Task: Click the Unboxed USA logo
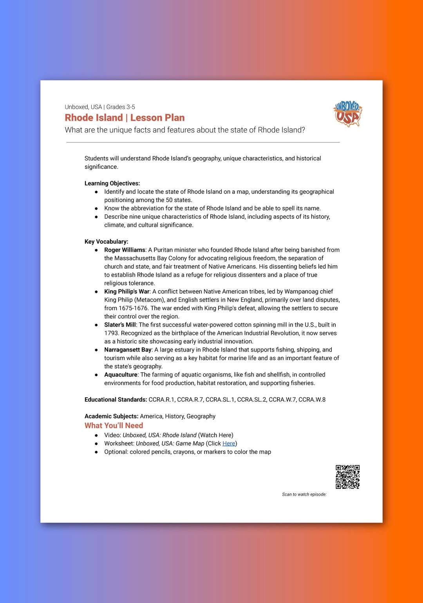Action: tap(347, 114)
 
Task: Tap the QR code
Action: tap(347, 477)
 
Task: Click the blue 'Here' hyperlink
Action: tap(229, 443)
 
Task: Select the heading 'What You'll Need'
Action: tap(114, 425)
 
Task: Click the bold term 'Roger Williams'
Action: tap(125, 250)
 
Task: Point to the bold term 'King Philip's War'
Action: tap(127, 291)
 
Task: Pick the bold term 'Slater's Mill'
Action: tap(120, 325)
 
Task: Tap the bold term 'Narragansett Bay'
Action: tap(128, 350)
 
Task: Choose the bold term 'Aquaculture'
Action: tap(121, 375)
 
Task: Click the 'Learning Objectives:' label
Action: tap(112, 183)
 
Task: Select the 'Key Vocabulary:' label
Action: tap(106, 242)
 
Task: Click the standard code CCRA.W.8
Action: tap(312, 400)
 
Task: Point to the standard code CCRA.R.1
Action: tap(161, 400)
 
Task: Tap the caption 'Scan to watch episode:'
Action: tap(304, 494)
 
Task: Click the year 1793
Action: tap(112, 333)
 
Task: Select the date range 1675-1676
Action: tap(133, 308)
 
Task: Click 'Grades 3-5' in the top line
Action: tap(121, 107)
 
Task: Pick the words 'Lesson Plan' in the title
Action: tap(157, 118)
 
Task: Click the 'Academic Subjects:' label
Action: tap(111, 416)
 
